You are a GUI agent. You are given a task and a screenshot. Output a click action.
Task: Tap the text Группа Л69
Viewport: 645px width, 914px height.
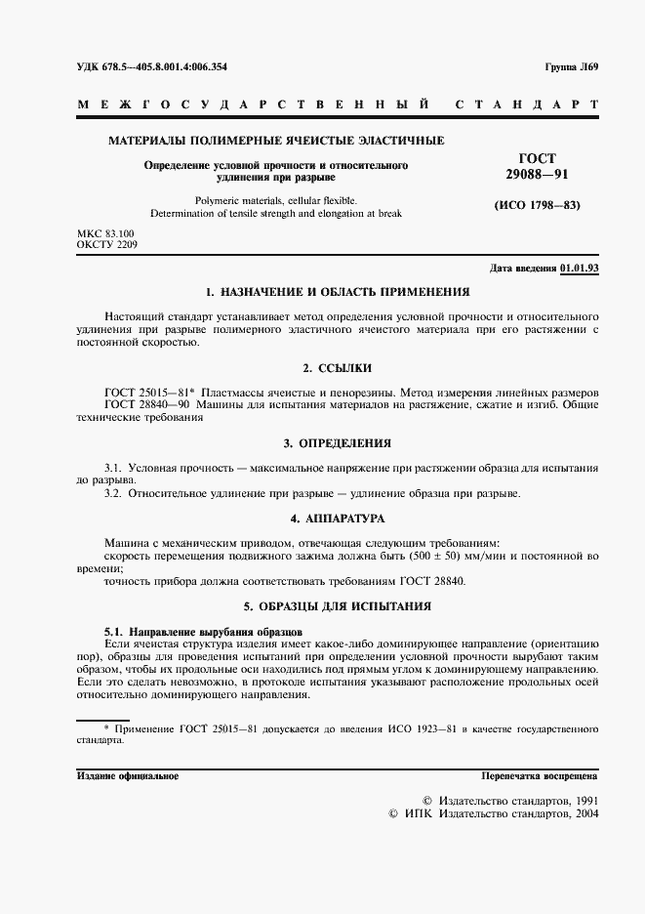[571, 67]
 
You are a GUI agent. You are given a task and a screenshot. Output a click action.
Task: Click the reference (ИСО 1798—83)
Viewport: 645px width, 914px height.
[538, 205]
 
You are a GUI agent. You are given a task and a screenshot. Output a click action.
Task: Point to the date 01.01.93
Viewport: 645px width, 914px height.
[580, 268]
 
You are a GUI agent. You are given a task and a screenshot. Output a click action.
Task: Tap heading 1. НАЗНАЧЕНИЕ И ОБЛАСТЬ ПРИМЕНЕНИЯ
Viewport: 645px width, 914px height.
[338, 292]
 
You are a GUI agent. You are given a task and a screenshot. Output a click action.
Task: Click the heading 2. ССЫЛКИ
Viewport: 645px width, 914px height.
[338, 368]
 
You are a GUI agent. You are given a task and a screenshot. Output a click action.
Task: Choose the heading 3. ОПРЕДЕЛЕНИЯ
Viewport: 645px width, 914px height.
[338, 442]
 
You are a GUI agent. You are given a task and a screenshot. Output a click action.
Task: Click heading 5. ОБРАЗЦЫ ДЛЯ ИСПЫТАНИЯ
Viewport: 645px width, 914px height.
[338, 605]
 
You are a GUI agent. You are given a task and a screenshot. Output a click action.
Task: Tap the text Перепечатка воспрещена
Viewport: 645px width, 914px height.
[540, 775]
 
